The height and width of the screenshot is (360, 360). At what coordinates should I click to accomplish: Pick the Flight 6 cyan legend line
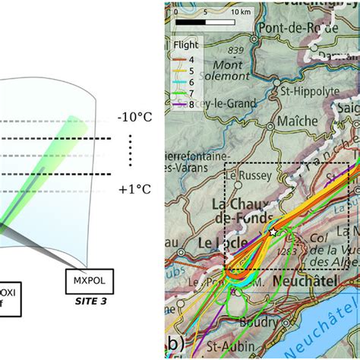182,78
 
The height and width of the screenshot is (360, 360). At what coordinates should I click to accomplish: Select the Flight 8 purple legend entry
182,99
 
